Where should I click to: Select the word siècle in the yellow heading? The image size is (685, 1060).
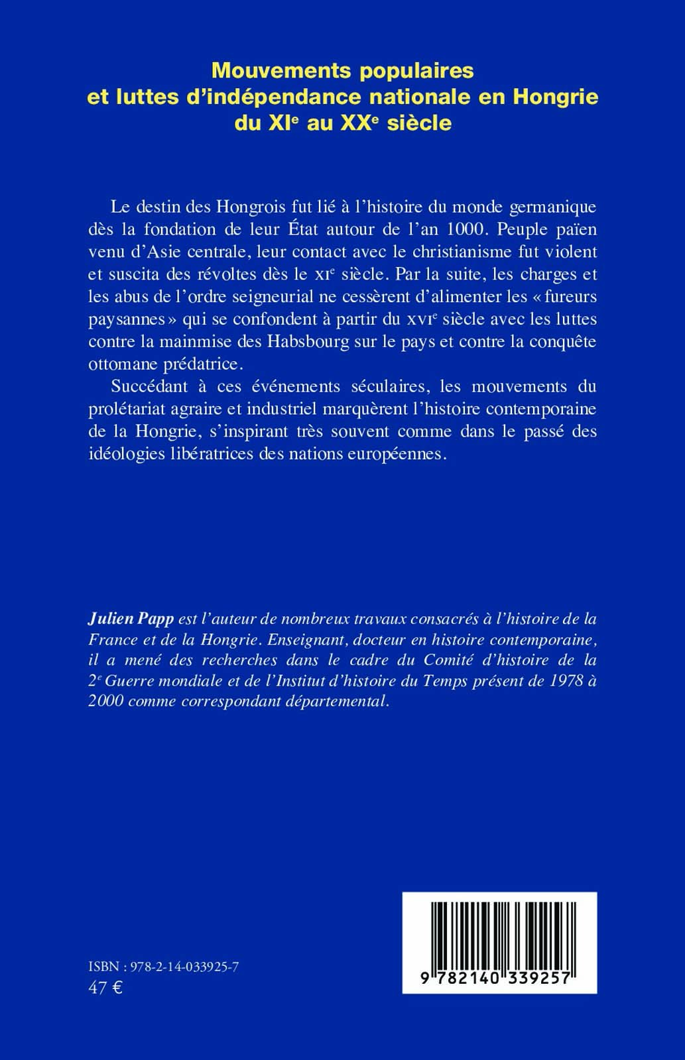[x=416, y=123]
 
